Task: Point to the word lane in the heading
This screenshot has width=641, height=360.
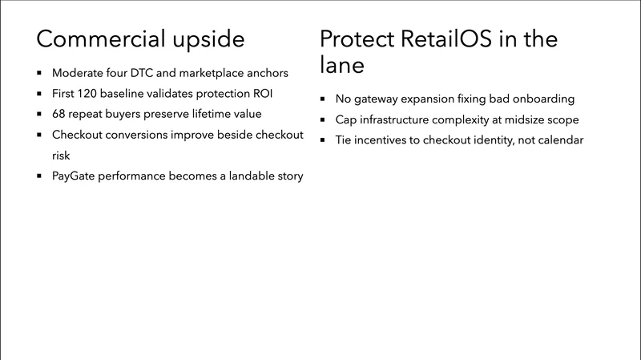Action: pyautogui.click(x=342, y=65)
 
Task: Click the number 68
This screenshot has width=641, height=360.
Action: pyautogui.click(x=60, y=114)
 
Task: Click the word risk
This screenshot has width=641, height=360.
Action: pyautogui.click(x=62, y=156)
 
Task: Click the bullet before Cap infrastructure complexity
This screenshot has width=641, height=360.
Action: pyautogui.click(x=322, y=119)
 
